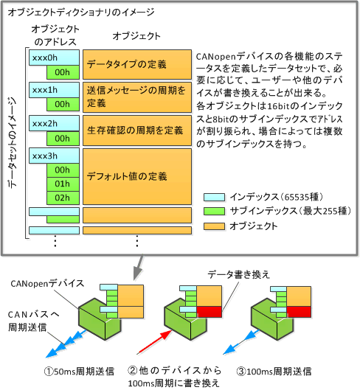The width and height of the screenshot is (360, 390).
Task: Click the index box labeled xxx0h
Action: (54, 58)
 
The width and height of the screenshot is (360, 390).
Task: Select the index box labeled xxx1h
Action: (54, 90)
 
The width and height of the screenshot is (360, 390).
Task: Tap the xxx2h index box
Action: (54, 123)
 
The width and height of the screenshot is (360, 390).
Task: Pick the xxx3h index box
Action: (54, 156)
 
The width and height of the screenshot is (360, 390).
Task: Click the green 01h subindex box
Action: (63, 184)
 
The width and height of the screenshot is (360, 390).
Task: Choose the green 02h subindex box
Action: (63, 198)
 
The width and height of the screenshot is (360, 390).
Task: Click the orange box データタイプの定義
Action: (137, 65)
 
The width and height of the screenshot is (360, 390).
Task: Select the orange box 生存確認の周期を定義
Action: (137, 130)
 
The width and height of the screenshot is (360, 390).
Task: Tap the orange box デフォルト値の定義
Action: (137, 177)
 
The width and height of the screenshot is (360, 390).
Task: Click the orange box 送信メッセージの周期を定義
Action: (137, 97)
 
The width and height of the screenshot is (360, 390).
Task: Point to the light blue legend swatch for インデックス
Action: (214, 198)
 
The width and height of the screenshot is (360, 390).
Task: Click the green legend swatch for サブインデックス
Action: (214, 211)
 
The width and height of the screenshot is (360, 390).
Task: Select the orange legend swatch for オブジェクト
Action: (214, 226)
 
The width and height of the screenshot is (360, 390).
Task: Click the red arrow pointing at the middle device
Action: (154, 343)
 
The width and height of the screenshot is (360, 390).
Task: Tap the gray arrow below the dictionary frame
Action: (139, 268)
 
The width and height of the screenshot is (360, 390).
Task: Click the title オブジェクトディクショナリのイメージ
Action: (81, 12)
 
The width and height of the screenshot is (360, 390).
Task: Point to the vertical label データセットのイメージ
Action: (12, 142)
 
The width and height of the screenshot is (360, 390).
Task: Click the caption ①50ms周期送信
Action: (79, 372)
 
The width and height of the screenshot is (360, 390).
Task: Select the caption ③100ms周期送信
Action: (274, 372)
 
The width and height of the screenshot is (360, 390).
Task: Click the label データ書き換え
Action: (238, 274)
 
